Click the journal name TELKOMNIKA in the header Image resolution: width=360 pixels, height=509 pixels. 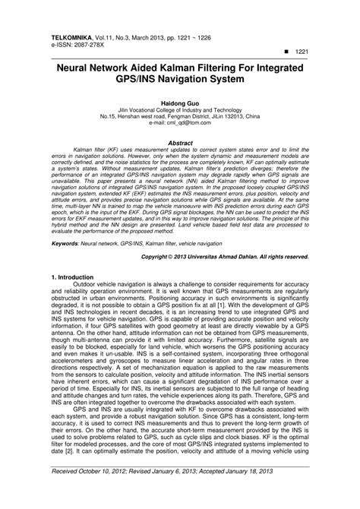pos(75,36)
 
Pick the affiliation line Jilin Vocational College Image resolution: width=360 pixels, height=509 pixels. pos(180,108)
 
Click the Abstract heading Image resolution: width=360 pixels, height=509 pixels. pos(179,142)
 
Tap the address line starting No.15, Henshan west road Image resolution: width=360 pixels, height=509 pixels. pos(180,115)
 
